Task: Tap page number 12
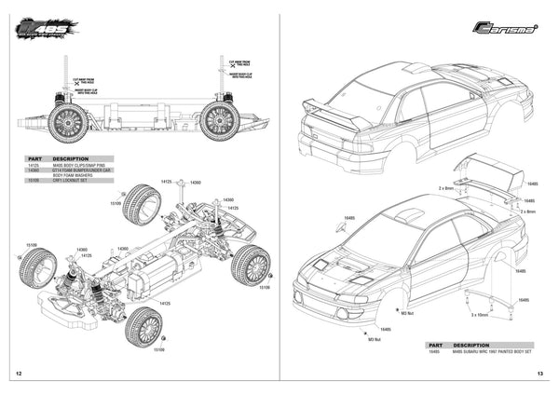(x=19, y=374)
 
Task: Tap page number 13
(x=540, y=374)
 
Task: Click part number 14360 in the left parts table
(x=34, y=170)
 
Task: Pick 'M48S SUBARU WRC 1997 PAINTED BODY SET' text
(x=493, y=352)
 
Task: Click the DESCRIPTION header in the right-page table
(x=472, y=345)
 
